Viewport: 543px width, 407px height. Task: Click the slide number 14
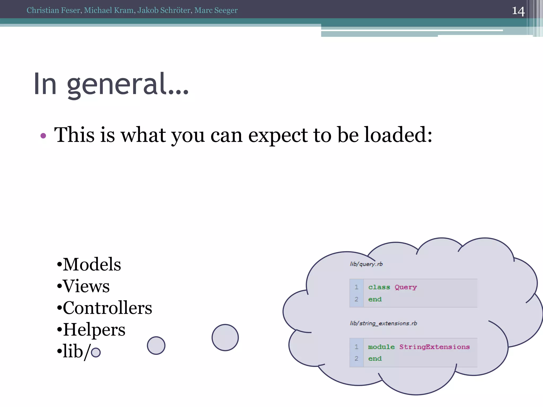pyautogui.click(x=518, y=11)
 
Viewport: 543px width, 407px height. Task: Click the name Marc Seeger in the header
pyautogui.click(x=216, y=10)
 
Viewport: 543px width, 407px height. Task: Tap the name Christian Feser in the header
pyautogui.click(x=53, y=10)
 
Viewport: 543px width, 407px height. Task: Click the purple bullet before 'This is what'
pyautogui.click(x=43, y=136)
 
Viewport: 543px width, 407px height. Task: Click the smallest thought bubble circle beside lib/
pyautogui.click(x=96, y=352)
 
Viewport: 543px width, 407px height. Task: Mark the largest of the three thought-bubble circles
pyautogui.click(x=225, y=338)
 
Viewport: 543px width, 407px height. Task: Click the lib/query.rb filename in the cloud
pyautogui.click(x=366, y=264)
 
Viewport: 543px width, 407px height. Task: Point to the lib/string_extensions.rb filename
pyautogui.click(x=383, y=323)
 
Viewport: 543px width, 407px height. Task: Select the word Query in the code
pyautogui.click(x=406, y=287)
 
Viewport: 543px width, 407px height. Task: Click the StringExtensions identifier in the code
pyautogui.click(x=434, y=347)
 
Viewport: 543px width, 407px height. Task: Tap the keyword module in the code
pyautogui.click(x=381, y=347)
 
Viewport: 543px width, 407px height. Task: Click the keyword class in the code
pyautogui.click(x=379, y=287)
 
